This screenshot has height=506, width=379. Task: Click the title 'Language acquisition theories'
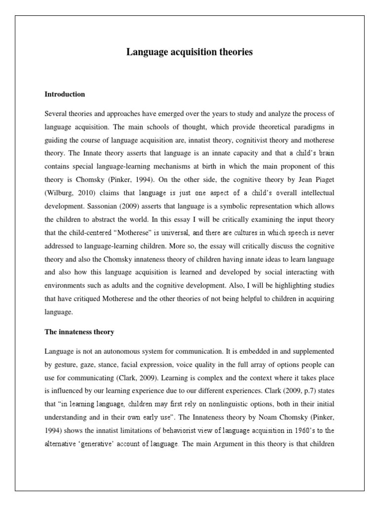tap(189, 52)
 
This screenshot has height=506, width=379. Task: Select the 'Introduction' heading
tap(65, 94)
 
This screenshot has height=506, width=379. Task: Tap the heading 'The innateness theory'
tap(79, 332)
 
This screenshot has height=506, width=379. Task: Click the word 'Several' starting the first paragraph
tap(56, 114)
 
